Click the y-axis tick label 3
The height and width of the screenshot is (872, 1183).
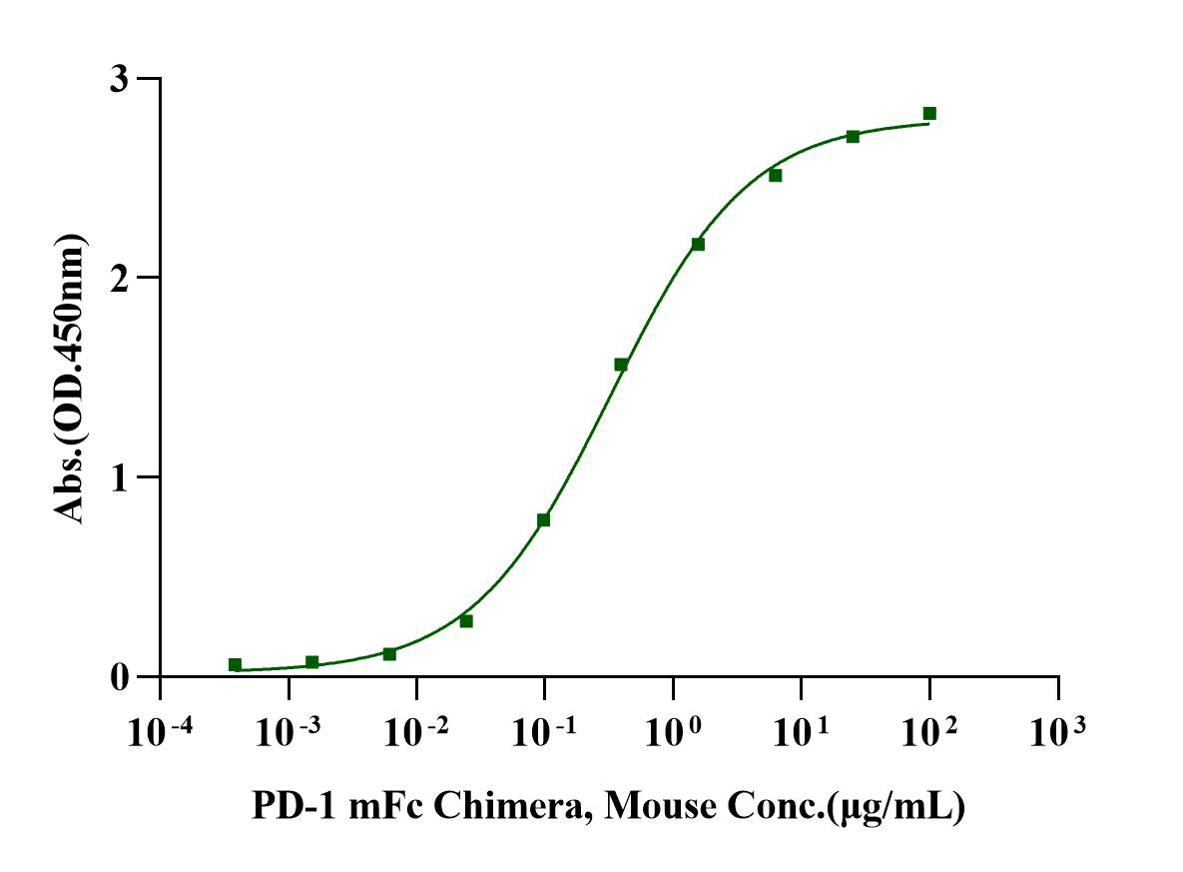pos(120,78)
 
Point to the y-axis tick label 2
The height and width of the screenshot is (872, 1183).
pos(120,278)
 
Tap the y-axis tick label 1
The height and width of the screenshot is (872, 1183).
pos(120,476)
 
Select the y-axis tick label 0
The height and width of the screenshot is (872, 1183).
pos(120,676)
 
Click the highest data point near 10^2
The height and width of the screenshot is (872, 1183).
pos(929,113)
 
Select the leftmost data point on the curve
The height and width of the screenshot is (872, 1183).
pos(235,664)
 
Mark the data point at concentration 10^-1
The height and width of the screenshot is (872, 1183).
pos(543,519)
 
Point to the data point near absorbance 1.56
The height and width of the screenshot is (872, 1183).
pos(621,365)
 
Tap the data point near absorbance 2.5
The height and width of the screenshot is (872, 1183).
pos(775,175)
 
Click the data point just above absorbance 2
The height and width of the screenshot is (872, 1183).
pos(698,244)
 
